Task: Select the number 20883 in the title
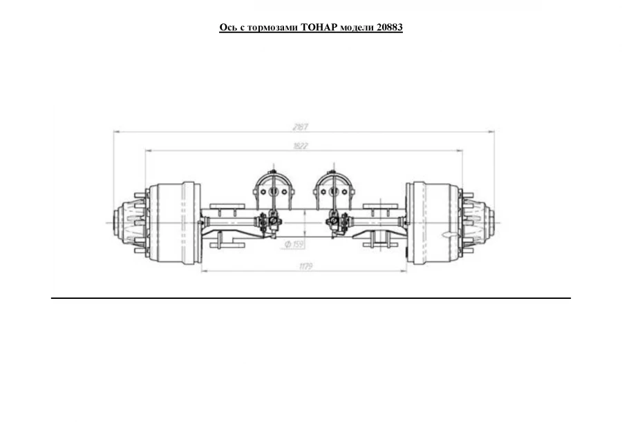point(390,28)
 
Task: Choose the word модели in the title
point(358,28)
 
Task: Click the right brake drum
point(432,222)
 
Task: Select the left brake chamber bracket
point(273,188)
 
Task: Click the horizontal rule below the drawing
point(311,298)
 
